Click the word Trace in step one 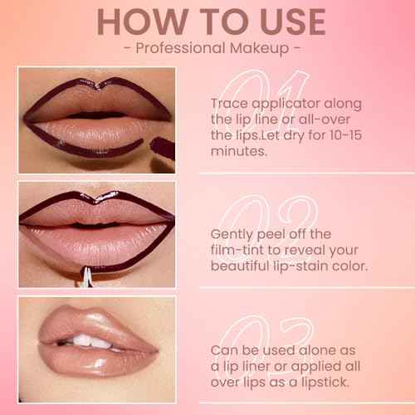(229, 104)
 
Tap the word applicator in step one (285, 104)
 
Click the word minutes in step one (239, 151)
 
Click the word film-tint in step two (239, 251)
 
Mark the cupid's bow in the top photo (101, 83)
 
